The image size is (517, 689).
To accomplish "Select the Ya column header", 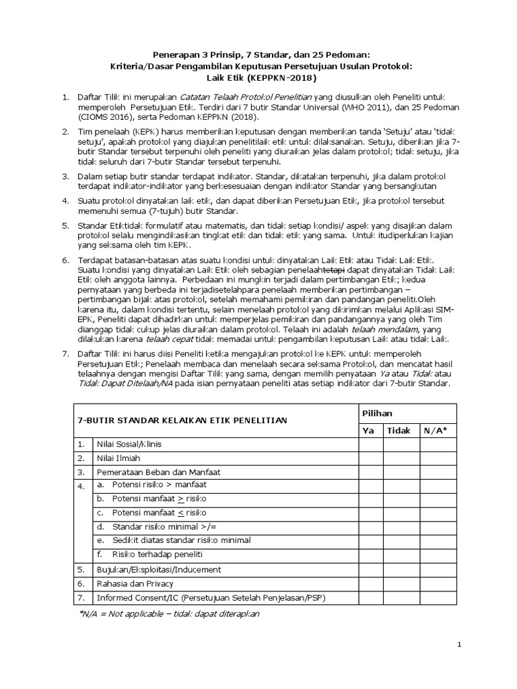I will point(369,430).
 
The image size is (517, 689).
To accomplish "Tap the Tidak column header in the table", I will point(399,430).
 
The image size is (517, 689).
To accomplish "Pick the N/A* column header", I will point(435,430).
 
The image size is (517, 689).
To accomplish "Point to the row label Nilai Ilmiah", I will point(118,458).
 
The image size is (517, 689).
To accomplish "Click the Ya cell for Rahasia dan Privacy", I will point(369,583).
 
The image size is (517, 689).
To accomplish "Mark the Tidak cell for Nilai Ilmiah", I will point(399,458).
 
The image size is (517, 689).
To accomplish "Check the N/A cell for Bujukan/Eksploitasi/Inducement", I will point(435,569).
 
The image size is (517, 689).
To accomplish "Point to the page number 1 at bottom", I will point(459,645).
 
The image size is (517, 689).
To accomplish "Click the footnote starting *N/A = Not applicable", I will point(169,614).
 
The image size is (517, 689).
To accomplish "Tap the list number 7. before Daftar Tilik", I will point(65,354).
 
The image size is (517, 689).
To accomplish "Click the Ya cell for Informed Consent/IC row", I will point(369,597).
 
